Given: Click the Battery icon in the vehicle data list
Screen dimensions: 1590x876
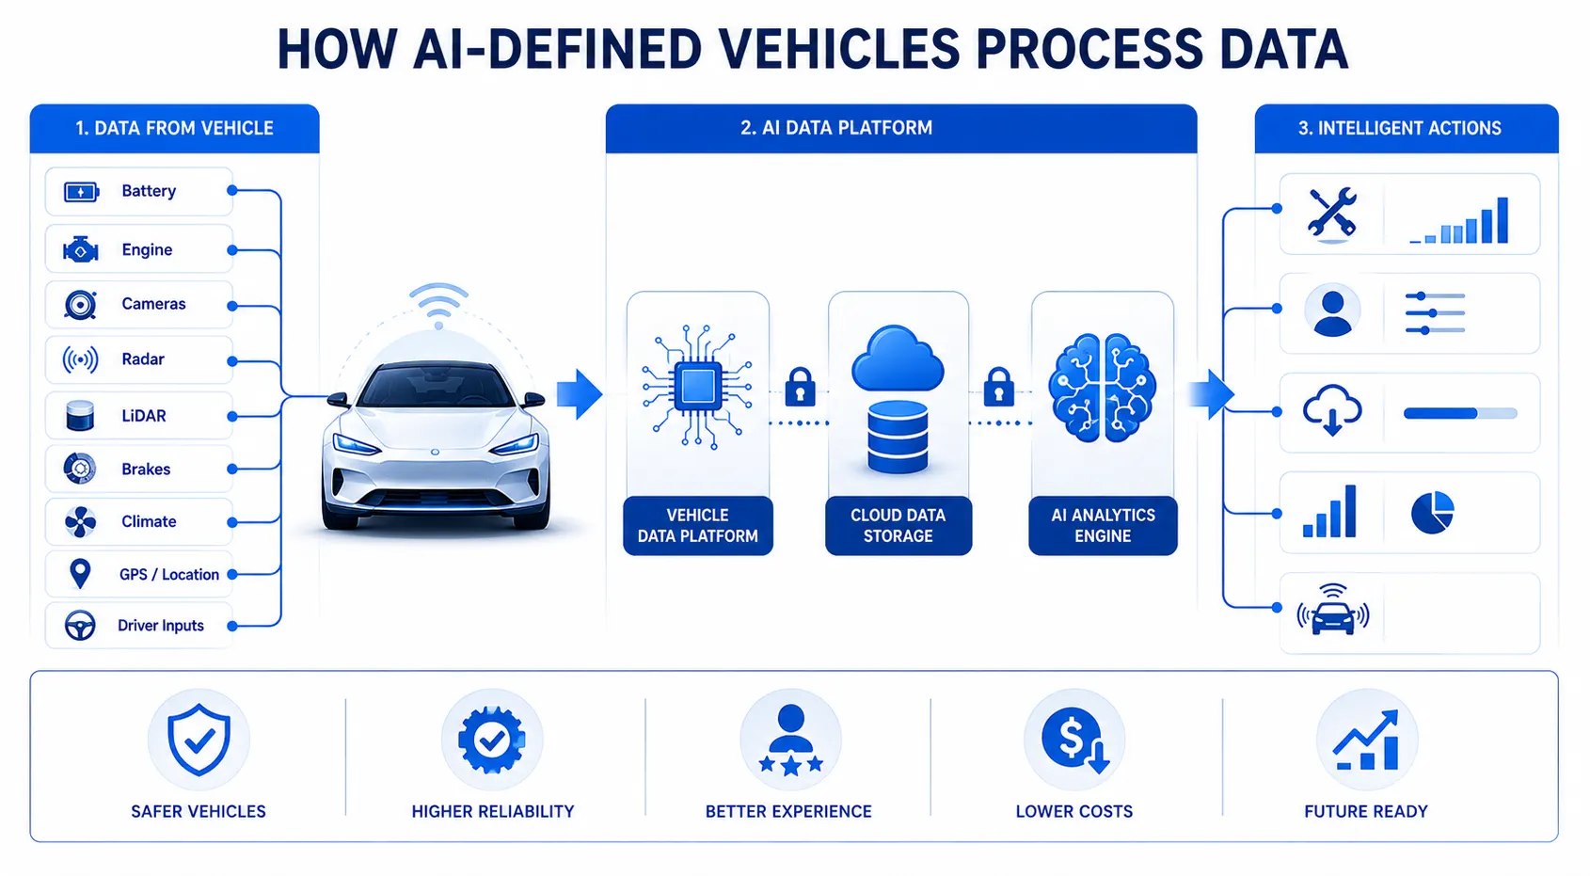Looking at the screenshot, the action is (x=81, y=192).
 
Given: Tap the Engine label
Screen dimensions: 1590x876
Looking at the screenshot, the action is (x=147, y=250).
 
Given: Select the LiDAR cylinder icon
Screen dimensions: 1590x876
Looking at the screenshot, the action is (x=79, y=415).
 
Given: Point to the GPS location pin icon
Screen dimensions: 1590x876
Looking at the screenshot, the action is (x=80, y=574).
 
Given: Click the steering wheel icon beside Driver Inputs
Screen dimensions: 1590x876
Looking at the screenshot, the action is (x=80, y=626).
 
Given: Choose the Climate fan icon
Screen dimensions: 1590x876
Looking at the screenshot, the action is (x=80, y=522).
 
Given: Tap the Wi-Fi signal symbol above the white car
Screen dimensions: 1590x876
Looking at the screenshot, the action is (x=438, y=305).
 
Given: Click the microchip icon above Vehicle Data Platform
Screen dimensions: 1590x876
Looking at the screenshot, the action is (x=698, y=387).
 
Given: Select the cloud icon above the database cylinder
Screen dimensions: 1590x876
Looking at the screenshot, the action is (x=898, y=358).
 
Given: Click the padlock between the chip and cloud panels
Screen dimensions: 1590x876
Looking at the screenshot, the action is (x=800, y=387).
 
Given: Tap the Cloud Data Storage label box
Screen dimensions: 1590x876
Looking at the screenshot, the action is (x=898, y=525).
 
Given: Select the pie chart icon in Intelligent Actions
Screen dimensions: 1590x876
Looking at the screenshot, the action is (x=1433, y=512).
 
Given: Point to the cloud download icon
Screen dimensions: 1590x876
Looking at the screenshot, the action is (x=1332, y=410).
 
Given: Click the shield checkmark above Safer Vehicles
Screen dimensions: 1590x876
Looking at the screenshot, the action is (x=199, y=740).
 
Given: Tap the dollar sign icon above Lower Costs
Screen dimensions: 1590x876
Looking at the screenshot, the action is (x=1074, y=740).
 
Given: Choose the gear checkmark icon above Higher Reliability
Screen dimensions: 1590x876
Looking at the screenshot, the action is (x=492, y=741).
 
